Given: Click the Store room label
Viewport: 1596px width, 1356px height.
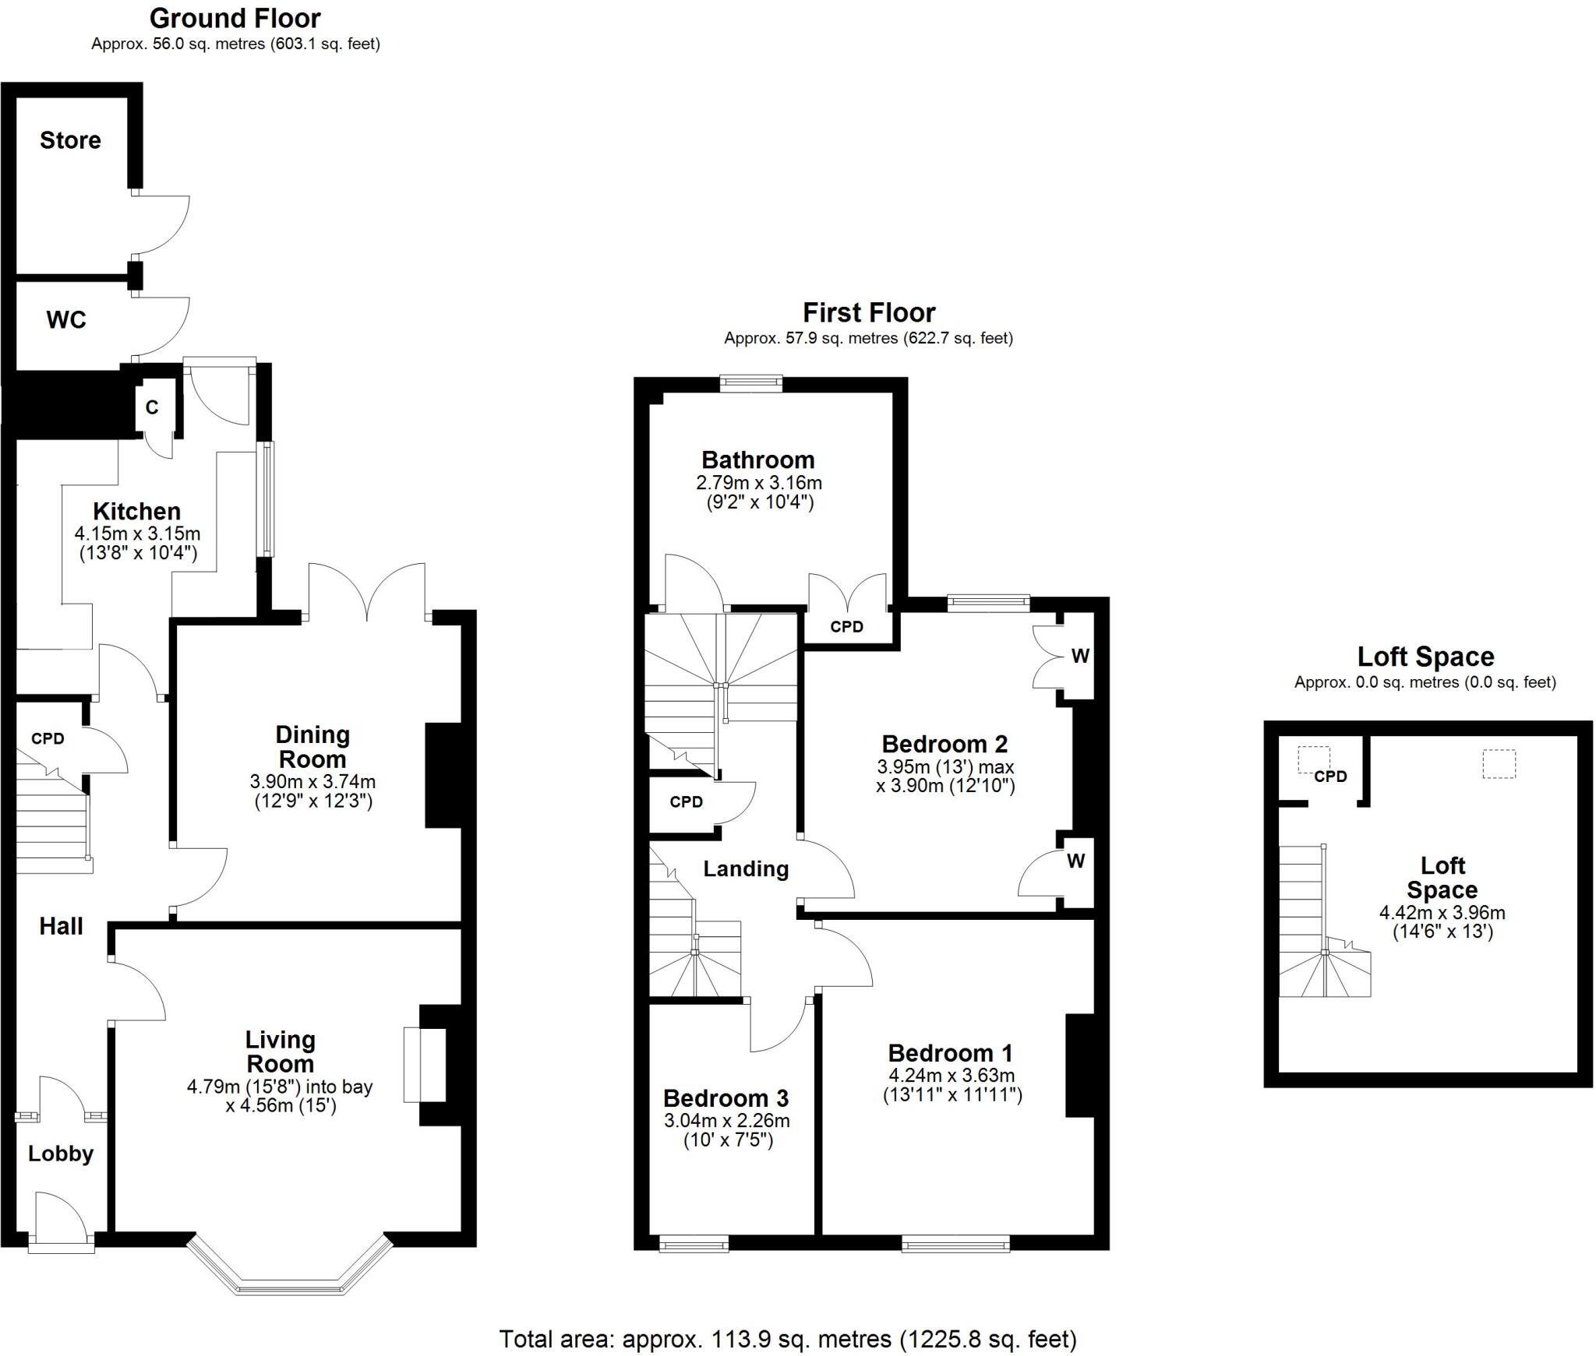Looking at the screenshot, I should [70, 140].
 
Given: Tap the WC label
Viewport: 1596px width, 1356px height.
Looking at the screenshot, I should [66, 320].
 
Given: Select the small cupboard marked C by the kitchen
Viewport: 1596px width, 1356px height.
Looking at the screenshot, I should [152, 407].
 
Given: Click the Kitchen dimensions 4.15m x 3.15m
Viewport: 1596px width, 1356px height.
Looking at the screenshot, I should [137, 534].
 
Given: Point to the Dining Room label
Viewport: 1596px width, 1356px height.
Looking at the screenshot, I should [312, 746].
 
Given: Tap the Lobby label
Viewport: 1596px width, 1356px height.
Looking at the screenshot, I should [61, 1153].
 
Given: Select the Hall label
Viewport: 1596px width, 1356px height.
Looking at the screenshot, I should [61, 926].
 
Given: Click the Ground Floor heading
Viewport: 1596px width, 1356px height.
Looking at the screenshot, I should [235, 18].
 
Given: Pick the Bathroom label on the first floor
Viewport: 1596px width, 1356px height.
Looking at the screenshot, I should [757, 460].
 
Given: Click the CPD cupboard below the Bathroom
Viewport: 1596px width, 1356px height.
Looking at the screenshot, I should [846, 627].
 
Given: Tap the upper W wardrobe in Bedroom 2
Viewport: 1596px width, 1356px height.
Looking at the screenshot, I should [1079, 657].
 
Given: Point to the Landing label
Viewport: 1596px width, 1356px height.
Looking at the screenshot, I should [746, 869].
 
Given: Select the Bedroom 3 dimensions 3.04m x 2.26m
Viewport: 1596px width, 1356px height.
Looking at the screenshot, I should [726, 1121].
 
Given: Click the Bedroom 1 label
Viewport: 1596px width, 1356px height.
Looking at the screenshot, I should [950, 1053].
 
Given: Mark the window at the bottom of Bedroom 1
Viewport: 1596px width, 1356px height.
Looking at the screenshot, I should [955, 1246].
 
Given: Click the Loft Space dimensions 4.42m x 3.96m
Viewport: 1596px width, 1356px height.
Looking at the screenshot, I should [1442, 913].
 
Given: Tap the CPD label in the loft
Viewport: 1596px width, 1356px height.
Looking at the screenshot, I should [1329, 777].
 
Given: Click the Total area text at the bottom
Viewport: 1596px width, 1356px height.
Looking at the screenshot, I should [787, 1339].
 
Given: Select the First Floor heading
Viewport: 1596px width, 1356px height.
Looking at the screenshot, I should [868, 313].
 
